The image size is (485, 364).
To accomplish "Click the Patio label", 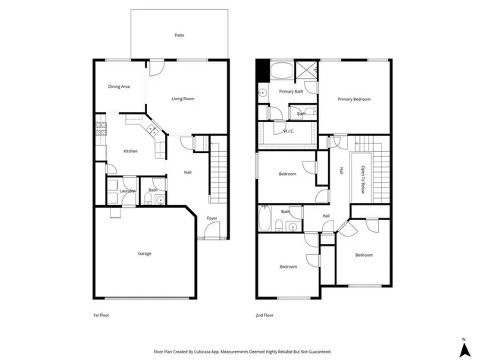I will tap(179, 35).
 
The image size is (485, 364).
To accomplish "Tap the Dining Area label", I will tap(118, 86).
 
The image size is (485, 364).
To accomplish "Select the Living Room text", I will tap(183, 99).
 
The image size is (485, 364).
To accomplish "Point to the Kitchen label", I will tap(131, 152).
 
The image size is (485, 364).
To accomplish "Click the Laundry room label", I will tap(127, 190).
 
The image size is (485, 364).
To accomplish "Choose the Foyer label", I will tap(212, 218).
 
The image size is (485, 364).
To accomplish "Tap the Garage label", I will tap(144, 253).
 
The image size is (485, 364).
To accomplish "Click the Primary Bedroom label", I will tap(354, 99).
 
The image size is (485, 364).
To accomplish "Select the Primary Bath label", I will tap(291, 92).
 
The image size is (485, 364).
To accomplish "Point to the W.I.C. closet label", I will tap(288, 131).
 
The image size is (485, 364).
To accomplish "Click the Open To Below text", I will tap(362, 180).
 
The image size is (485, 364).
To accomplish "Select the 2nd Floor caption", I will tap(264, 315).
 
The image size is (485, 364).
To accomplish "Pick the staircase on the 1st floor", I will tap(218, 174).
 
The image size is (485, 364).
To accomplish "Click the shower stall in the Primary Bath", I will tap(307, 70).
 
